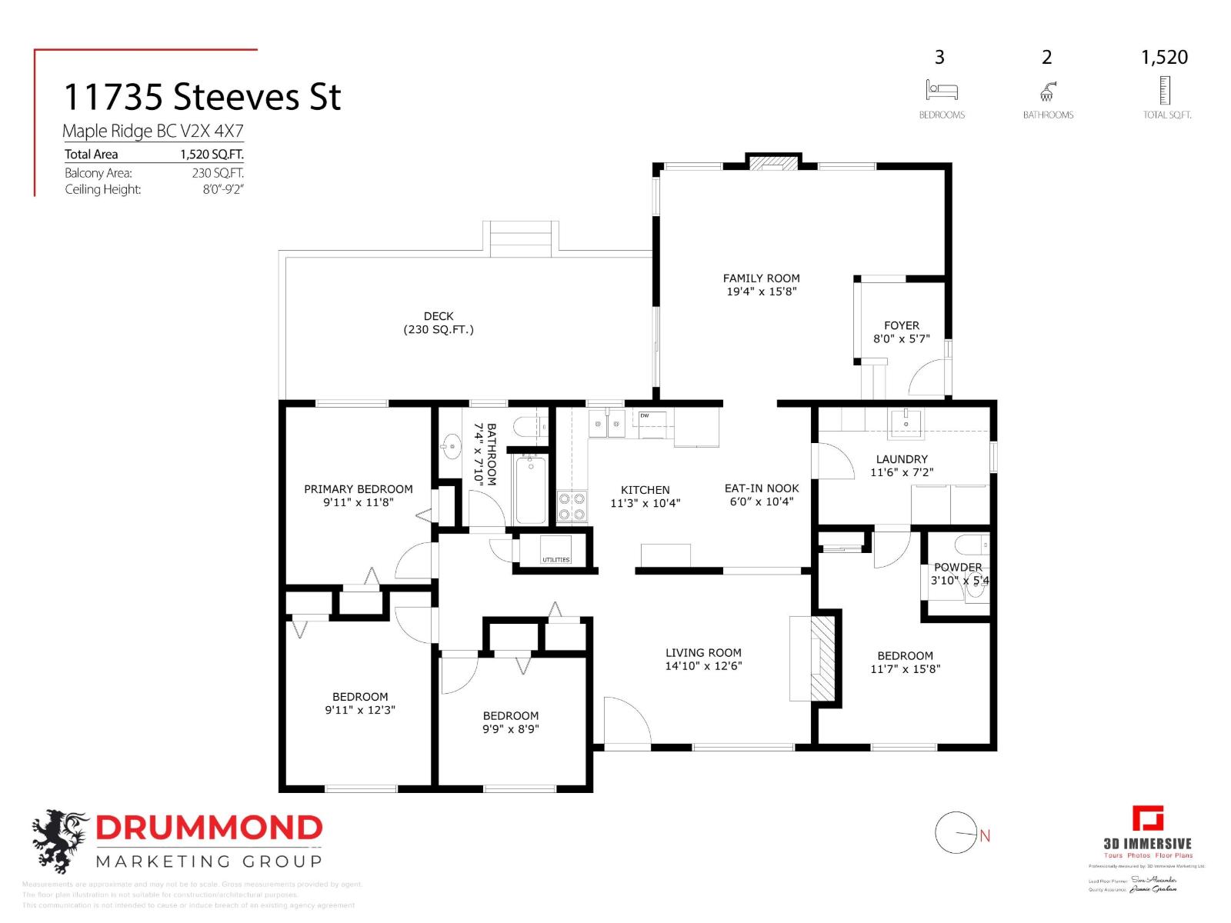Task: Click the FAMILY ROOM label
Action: click(761, 278)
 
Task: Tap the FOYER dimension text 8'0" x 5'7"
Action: click(901, 338)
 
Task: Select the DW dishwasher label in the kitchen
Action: click(645, 415)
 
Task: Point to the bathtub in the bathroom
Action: click(530, 489)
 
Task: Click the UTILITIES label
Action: click(555, 559)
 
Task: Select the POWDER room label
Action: click(957, 567)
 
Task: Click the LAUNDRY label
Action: click(902, 459)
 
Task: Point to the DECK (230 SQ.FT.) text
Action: click(439, 323)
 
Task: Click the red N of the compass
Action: click(985, 835)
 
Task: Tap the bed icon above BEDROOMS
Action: click(941, 90)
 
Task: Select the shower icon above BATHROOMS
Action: click(1047, 92)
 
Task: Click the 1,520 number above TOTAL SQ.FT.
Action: click(1164, 57)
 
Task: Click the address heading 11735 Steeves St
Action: click(202, 97)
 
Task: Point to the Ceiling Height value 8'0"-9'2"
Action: click(222, 189)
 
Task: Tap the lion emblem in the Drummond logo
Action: click(58, 840)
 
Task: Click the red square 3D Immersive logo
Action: click(1147, 818)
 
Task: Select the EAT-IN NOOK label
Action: click(761, 488)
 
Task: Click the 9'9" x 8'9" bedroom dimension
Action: click(510, 729)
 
